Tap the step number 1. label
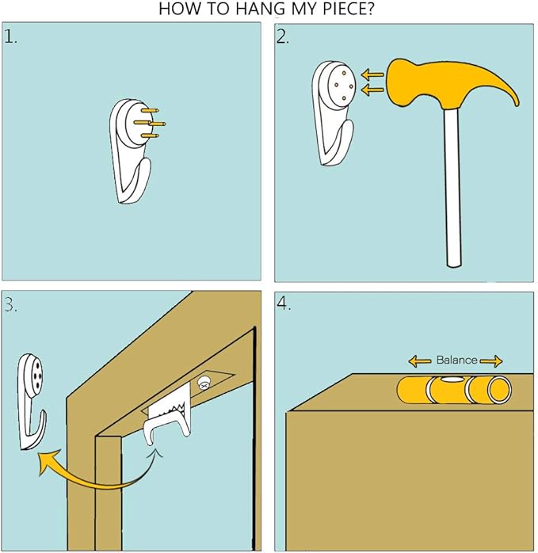click(x=10, y=37)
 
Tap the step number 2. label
click(x=283, y=36)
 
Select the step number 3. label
click(x=10, y=305)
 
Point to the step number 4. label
click(x=284, y=303)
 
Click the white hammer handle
click(x=453, y=187)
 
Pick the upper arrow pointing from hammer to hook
click(x=372, y=74)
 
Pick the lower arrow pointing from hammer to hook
click(x=372, y=90)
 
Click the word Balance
click(x=456, y=360)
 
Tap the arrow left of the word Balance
click(x=420, y=360)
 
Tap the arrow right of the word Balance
click(x=490, y=360)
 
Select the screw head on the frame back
click(x=204, y=383)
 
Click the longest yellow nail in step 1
click(x=150, y=123)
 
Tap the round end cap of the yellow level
click(x=499, y=390)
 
